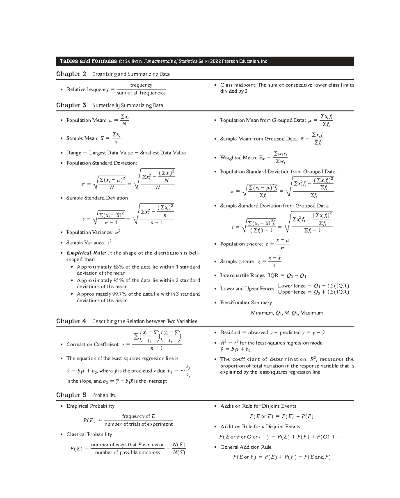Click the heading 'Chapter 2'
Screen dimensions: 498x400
coord(71,74)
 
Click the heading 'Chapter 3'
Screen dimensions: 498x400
coord(71,105)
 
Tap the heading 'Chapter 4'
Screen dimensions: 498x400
coord(71,321)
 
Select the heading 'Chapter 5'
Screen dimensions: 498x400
coord(71,395)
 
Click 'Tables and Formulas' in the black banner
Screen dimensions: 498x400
coord(88,61)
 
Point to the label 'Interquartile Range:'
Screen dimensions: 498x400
coord(243,276)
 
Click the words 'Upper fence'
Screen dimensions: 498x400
coord(292,292)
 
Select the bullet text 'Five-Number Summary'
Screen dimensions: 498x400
coord(246,303)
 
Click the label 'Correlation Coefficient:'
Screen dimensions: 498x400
coord(93,344)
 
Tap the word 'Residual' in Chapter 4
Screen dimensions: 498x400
coord(230,333)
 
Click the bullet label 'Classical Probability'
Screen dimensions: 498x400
coord(89,434)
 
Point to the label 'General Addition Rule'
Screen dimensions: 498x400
coord(246,447)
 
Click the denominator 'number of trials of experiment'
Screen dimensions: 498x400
coord(139,424)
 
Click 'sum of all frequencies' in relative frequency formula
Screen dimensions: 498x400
coord(141,93)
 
